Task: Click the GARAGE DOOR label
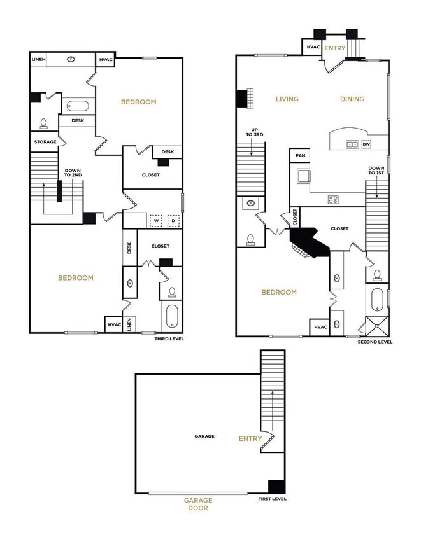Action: pos(199,504)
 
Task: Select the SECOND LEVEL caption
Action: pos(375,342)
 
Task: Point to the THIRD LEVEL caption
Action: pos(169,339)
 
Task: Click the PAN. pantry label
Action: pos(299,155)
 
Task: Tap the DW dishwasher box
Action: pos(366,144)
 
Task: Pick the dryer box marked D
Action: pos(172,221)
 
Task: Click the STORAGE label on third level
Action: pos(45,141)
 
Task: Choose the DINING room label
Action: pos(352,99)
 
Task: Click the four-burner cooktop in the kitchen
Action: pos(333,199)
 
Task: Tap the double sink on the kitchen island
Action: pos(351,144)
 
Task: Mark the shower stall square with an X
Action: pos(377,326)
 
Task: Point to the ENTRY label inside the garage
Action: pos(250,438)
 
